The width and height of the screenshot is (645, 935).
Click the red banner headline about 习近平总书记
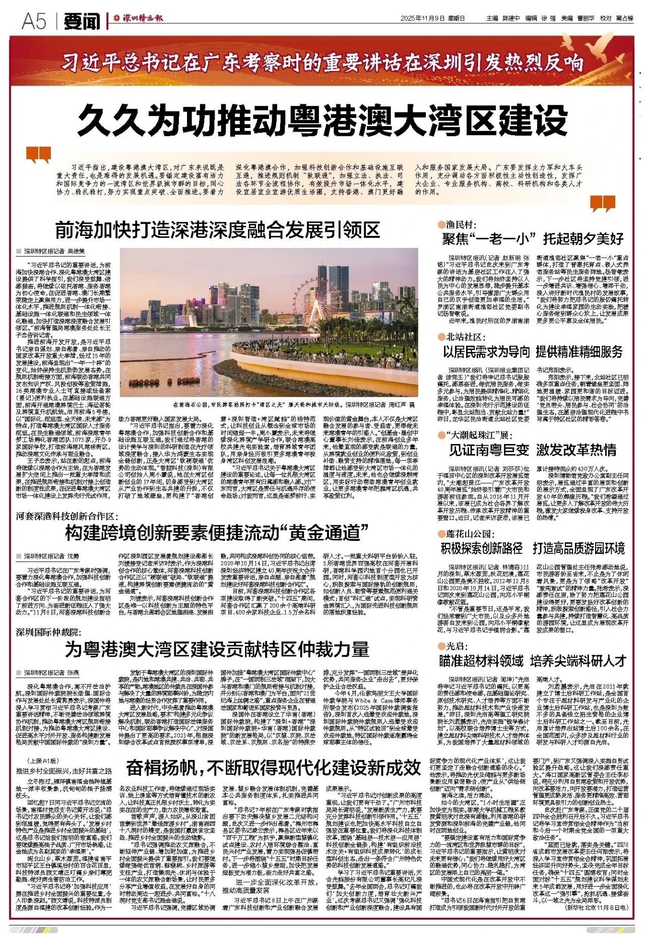322,63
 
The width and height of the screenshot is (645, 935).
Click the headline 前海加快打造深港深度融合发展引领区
218,230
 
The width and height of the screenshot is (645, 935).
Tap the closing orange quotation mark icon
603,203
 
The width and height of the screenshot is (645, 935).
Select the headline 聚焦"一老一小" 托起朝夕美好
533,238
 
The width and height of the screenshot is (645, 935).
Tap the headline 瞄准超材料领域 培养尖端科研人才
533,660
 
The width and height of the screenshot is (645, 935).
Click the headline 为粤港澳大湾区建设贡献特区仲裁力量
217,650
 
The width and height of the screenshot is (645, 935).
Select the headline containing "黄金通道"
217,533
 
